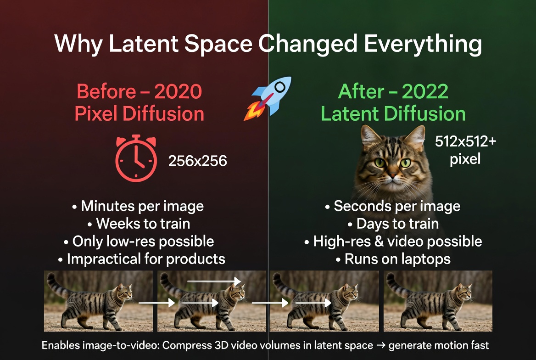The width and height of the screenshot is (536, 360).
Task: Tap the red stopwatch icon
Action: pyautogui.click(x=136, y=158)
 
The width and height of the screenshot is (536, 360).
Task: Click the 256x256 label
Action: pyautogui.click(x=197, y=161)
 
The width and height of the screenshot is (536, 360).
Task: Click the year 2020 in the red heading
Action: pyautogui.click(x=178, y=92)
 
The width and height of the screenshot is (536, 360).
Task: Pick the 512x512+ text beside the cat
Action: pyautogui.click(x=465, y=142)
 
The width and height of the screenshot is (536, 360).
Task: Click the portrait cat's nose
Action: pyautogui.click(x=392, y=175)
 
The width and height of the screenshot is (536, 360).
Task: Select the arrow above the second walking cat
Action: pyautogui.click(x=214, y=280)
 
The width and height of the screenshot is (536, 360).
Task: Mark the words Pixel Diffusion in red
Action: pyautogui.click(x=139, y=114)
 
